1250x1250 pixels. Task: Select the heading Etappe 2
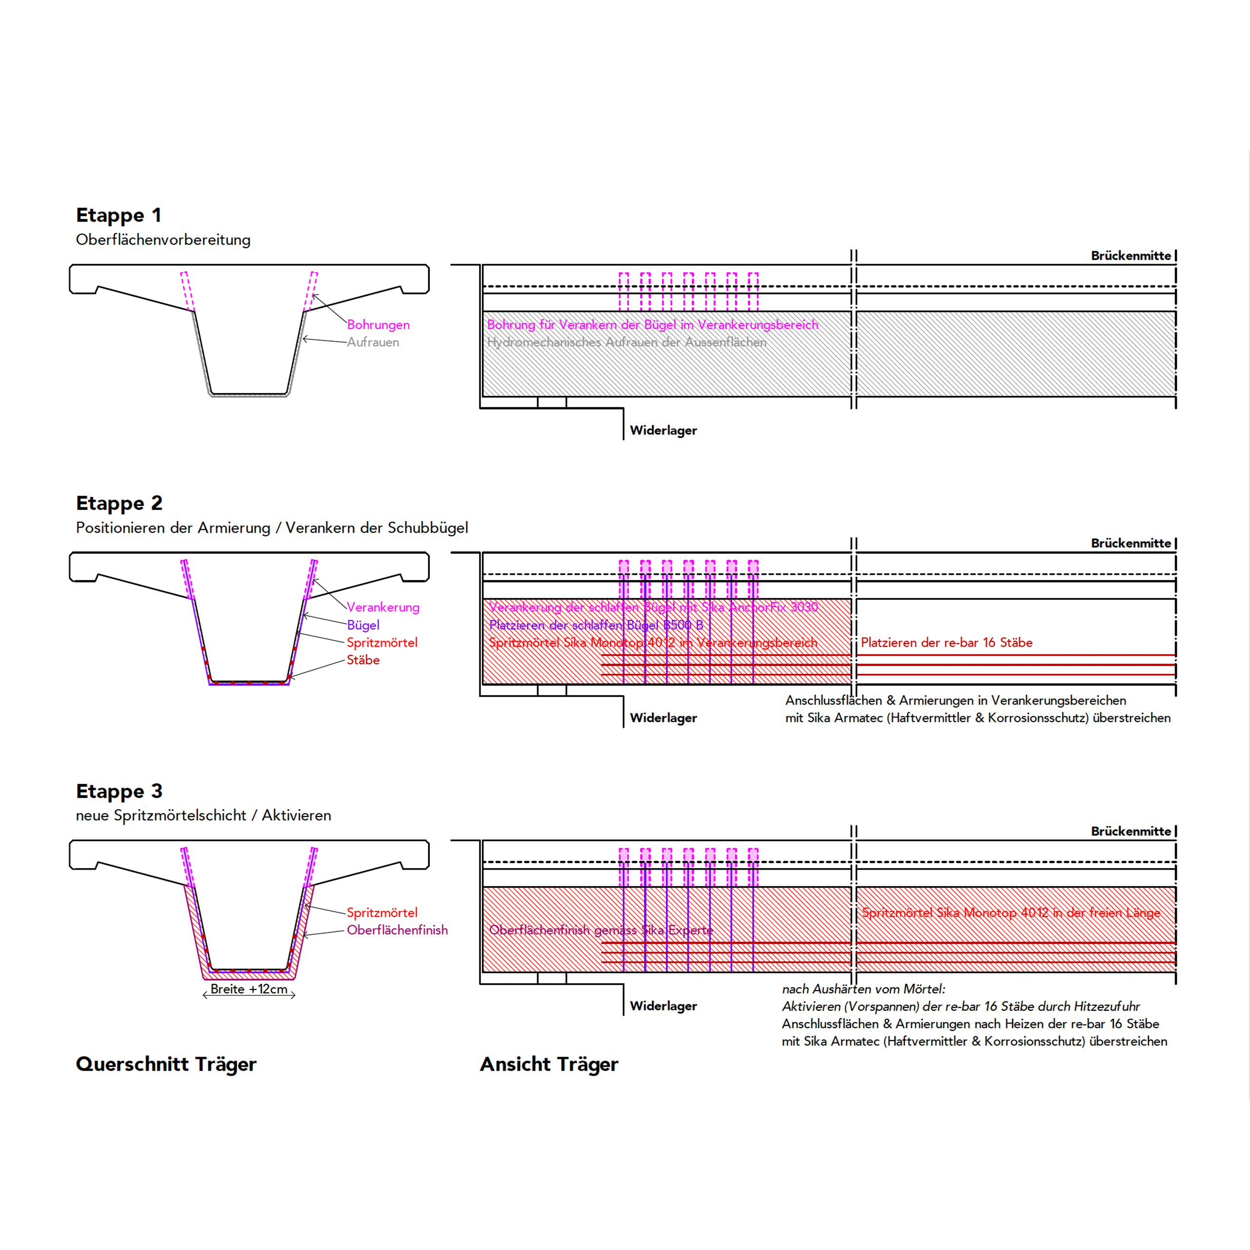point(119,503)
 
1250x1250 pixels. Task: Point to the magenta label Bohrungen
point(378,325)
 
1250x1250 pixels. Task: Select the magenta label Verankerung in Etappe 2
point(383,607)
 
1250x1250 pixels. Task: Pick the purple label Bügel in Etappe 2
point(363,625)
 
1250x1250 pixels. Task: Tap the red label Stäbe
point(363,660)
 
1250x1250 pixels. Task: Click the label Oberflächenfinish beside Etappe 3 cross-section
point(397,930)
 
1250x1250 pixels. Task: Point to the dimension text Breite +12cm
point(249,989)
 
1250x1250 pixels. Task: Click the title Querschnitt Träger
point(167,1064)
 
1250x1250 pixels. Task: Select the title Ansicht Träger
point(549,1064)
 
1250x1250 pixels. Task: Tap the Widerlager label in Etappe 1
point(663,430)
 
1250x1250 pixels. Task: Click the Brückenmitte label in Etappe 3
point(1131,832)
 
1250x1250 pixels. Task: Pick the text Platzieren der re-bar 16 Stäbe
point(947,643)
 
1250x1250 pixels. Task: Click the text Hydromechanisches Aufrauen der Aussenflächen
point(626,342)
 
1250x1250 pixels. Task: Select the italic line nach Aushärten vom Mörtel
point(864,989)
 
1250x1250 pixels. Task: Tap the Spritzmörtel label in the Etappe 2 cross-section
point(382,643)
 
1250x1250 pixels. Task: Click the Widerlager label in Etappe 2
point(663,718)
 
